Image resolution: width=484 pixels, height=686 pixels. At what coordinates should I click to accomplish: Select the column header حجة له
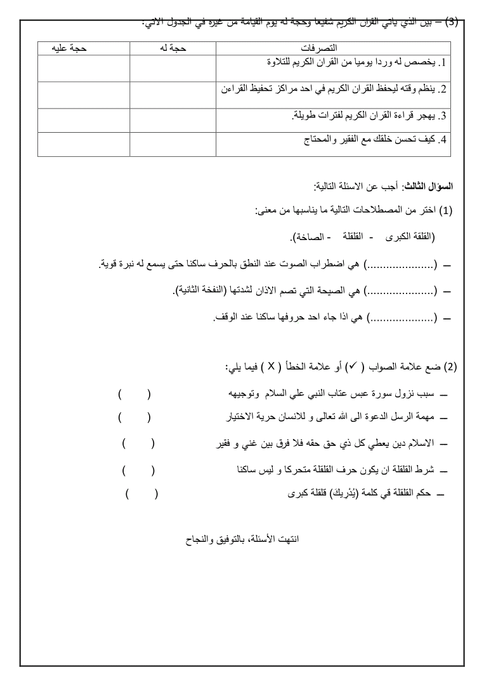173,48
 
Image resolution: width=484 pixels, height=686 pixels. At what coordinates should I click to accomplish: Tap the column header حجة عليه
84,48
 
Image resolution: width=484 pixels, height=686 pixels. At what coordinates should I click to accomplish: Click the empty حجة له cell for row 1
173,68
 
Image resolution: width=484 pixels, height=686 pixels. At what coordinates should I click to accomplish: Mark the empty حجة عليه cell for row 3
84,120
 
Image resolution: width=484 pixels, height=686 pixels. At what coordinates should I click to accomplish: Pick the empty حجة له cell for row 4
173,144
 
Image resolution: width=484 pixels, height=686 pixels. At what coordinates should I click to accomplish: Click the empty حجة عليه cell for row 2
84,95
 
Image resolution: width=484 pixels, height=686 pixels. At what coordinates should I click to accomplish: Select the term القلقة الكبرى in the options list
409,237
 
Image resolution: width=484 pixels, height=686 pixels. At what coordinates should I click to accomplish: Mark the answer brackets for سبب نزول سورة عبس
134,395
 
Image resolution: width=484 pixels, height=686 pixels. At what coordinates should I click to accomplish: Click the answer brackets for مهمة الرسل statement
134,417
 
